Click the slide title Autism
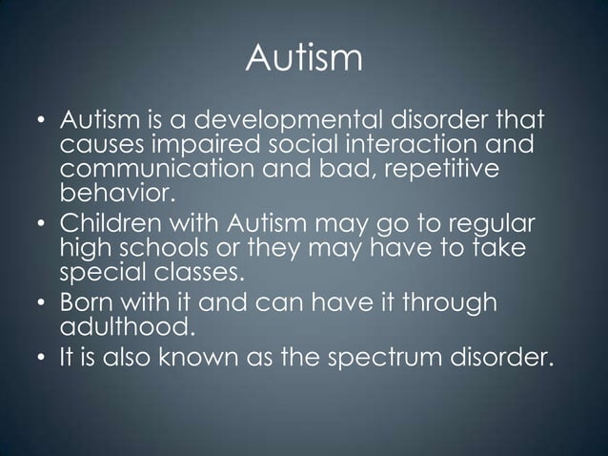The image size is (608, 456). (304, 59)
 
